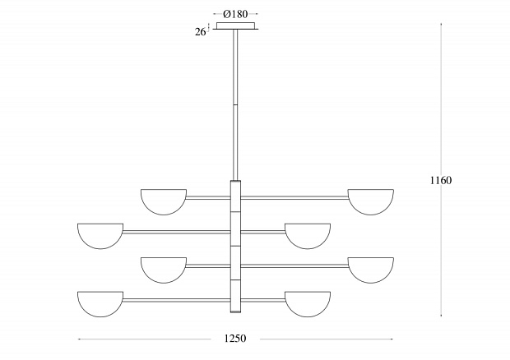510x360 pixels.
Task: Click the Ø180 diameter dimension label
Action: tap(235, 14)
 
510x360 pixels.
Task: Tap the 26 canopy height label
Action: tap(201, 32)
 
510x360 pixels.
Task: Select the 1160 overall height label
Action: tap(441, 180)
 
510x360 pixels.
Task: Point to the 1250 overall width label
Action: tap(235, 339)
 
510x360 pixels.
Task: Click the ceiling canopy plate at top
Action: tap(236, 25)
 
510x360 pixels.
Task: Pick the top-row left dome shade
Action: tap(164, 201)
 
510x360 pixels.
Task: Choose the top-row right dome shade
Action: tap(371, 201)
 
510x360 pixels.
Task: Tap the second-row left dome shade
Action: tap(100, 236)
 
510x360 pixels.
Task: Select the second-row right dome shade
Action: tap(308, 236)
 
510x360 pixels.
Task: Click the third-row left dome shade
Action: tap(164, 270)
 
